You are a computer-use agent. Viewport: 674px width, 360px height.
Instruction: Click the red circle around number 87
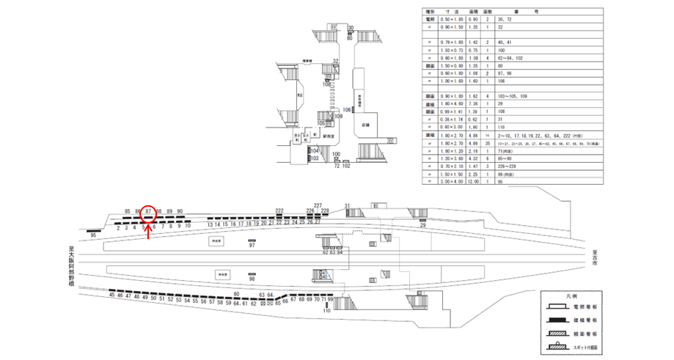[x=148, y=213]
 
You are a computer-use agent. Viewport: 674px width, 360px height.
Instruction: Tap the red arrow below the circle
[x=149, y=229]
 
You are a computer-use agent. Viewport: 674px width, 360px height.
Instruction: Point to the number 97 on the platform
[x=252, y=246]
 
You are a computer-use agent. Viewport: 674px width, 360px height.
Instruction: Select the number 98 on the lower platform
[x=252, y=279]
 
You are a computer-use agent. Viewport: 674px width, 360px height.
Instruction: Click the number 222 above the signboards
[x=279, y=210]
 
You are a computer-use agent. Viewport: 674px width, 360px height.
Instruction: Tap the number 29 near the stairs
[x=422, y=226]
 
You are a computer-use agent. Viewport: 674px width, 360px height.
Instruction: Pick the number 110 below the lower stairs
[x=327, y=312]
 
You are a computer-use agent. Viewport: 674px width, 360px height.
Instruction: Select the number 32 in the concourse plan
[x=335, y=61]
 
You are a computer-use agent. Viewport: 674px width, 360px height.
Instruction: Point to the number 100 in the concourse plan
[x=335, y=154]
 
